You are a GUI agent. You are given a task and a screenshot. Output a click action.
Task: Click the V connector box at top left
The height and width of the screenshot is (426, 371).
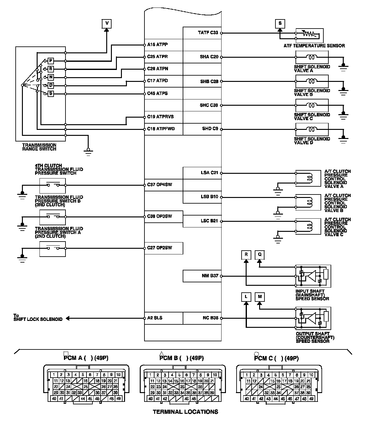pos(107,23)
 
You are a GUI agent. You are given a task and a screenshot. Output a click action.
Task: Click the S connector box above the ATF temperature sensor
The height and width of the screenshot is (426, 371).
pos(280,23)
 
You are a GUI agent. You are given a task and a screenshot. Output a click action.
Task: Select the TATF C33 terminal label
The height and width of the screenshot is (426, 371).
pos(208,33)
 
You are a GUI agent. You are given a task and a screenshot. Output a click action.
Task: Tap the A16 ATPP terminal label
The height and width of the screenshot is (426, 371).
pos(157,45)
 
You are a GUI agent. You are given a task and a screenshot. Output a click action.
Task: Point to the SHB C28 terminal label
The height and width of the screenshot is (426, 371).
pos(209,82)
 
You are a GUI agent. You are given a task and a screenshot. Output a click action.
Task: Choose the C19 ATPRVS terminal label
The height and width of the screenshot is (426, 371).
pos(160,117)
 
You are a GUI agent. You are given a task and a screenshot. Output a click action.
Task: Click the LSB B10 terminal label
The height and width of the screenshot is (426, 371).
pos(209,197)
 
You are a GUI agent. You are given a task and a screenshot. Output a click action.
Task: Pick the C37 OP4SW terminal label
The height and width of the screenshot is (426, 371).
pos(159,185)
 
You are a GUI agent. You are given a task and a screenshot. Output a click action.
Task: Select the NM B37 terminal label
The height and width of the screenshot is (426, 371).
pos(210,276)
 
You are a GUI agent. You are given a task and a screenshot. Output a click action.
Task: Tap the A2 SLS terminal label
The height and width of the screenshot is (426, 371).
pos(155,318)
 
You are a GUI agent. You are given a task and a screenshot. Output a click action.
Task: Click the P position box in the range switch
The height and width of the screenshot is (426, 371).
pos(51,61)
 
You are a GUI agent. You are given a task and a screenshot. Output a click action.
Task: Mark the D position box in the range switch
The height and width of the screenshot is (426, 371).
pos(51,85)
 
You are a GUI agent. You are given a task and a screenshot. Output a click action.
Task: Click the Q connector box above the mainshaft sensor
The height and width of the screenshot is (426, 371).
pos(259,255)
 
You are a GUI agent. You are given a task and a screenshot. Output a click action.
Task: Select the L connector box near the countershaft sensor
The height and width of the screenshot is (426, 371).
pos(246,297)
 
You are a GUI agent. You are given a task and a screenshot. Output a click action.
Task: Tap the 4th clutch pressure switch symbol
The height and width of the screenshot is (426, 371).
pos(53,185)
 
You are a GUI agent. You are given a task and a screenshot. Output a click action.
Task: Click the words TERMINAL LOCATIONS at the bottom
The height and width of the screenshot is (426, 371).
pos(185,412)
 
